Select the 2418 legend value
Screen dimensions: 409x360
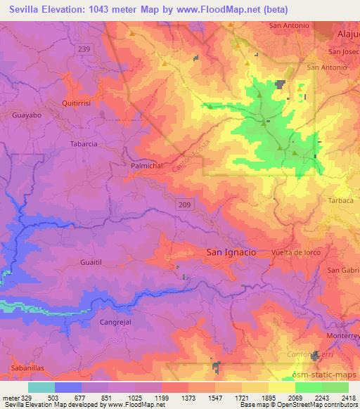(x=349, y=397)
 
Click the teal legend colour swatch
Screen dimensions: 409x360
(x=41, y=387)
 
